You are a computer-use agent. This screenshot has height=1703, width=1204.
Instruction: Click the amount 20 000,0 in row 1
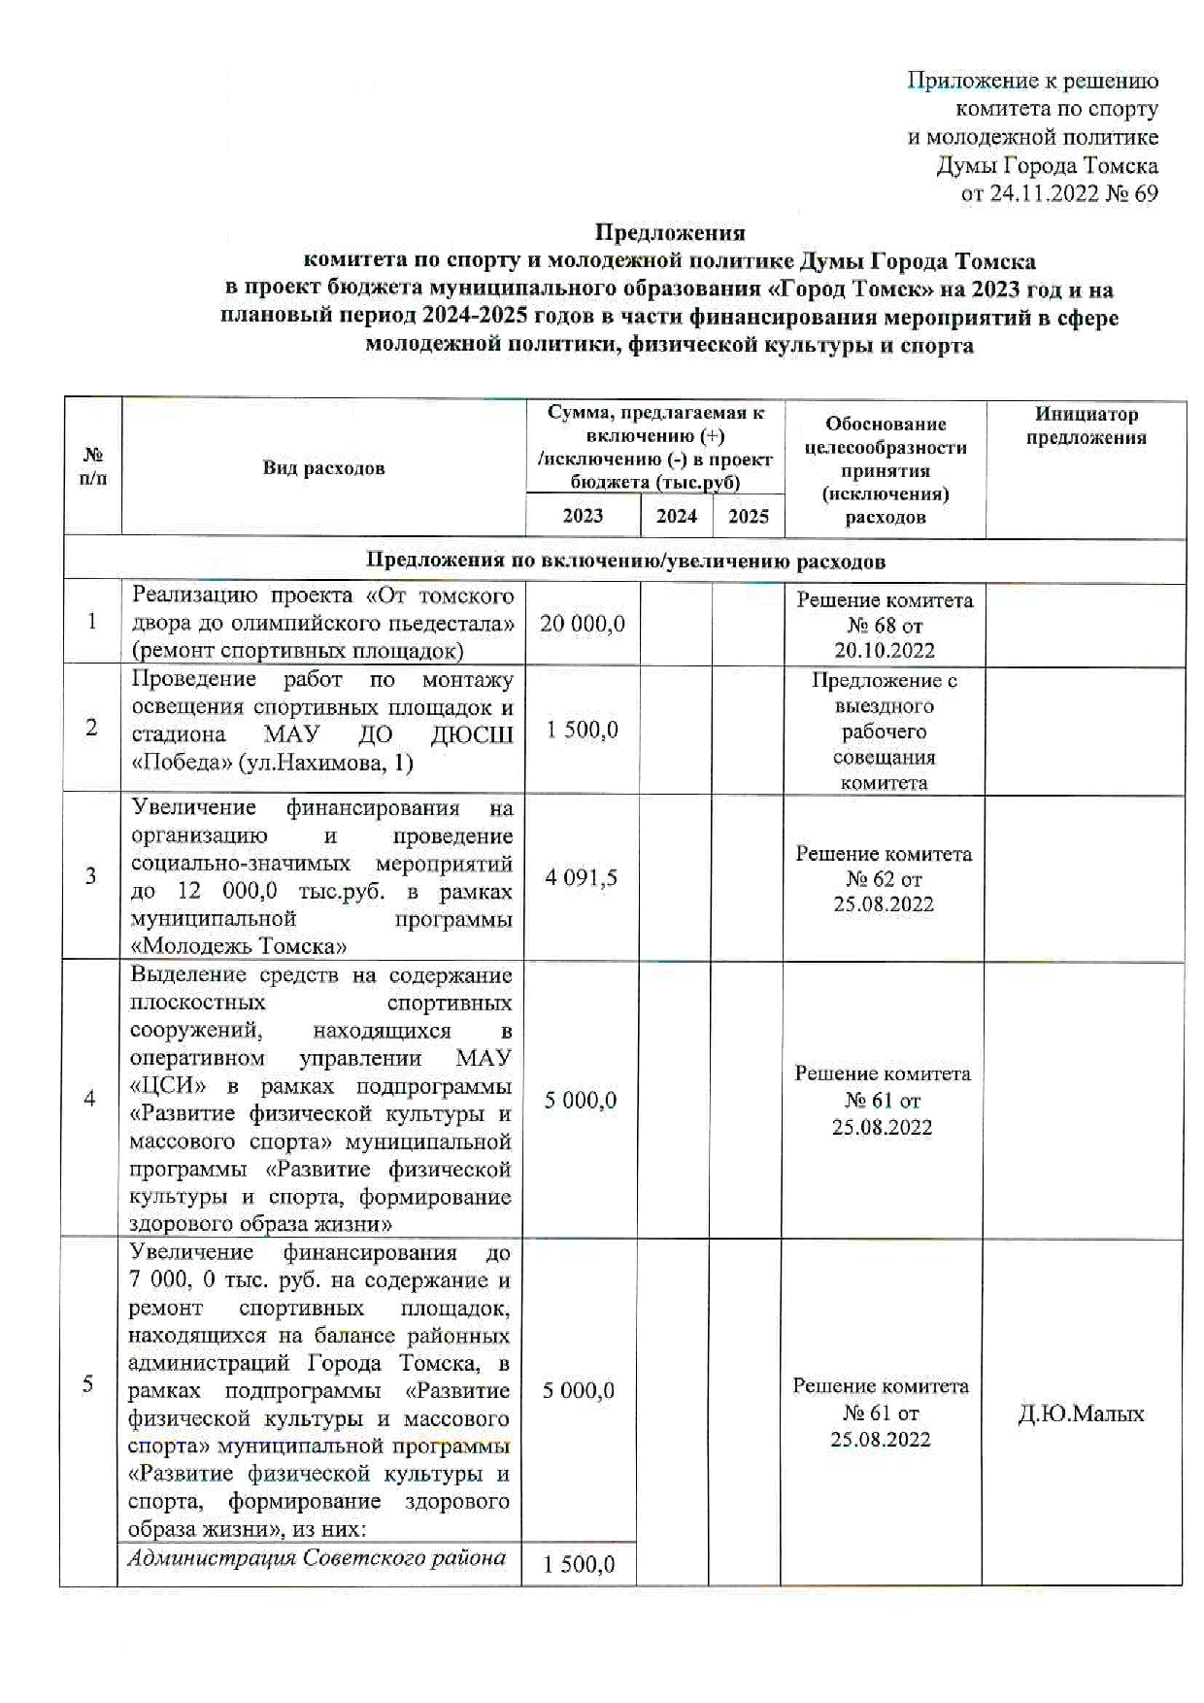click(x=583, y=624)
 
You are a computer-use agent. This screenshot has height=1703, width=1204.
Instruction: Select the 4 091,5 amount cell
click(x=581, y=878)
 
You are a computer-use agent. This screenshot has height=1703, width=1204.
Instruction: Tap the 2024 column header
click(x=676, y=516)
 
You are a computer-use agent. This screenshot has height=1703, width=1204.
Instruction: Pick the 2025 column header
click(x=748, y=516)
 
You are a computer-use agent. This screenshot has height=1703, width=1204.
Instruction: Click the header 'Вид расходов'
click(x=323, y=468)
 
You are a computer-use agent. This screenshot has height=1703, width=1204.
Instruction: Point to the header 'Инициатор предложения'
click(x=1086, y=426)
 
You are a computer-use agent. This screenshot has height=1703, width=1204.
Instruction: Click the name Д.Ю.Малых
click(x=1081, y=1413)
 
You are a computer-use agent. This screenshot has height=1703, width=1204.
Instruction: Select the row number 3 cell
click(x=91, y=876)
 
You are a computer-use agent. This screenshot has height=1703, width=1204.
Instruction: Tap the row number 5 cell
click(x=88, y=1383)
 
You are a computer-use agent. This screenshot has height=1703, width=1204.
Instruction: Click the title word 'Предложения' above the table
click(x=669, y=233)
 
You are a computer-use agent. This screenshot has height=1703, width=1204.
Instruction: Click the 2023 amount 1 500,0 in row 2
click(x=582, y=730)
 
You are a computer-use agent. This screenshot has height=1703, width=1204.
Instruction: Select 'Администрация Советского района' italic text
click(x=318, y=1558)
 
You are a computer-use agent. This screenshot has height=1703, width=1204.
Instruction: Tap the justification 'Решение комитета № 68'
click(x=885, y=625)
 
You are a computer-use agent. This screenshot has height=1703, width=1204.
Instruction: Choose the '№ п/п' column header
click(x=93, y=466)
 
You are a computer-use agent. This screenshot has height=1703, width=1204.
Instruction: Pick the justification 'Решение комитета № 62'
click(x=884, y=878)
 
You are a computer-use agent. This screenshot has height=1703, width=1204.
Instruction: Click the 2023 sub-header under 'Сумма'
click(x=583, y=516)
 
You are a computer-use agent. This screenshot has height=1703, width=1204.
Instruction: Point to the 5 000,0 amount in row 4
click(x=580, y=1101)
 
